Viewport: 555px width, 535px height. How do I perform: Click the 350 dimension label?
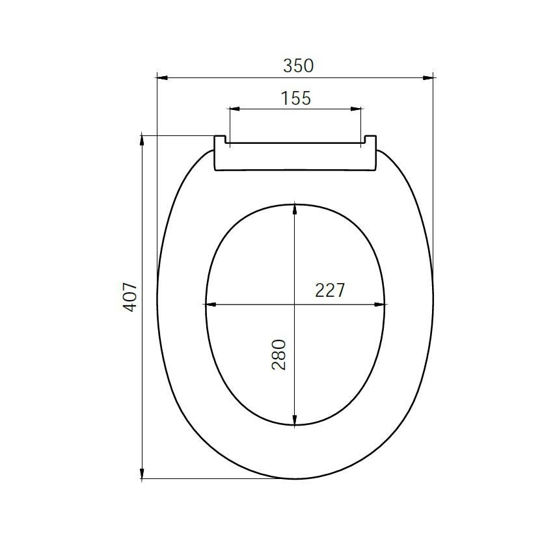pos(299,66)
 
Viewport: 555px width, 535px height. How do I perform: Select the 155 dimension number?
pos(296,98)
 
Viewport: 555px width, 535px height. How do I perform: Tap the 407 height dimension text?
pos(129,297)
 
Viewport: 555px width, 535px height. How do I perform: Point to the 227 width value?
pos(329,290)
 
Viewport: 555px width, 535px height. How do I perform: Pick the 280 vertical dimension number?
pos(279,355)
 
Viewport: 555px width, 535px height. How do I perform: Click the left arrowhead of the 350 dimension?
pos(162,77)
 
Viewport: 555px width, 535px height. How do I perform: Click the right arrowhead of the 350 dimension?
pos(428,77)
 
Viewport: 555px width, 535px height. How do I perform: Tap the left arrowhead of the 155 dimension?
pos(235,109)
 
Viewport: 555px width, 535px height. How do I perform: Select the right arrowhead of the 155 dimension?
pos(356,109)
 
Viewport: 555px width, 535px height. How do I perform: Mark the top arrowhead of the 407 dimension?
pos(142,140)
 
